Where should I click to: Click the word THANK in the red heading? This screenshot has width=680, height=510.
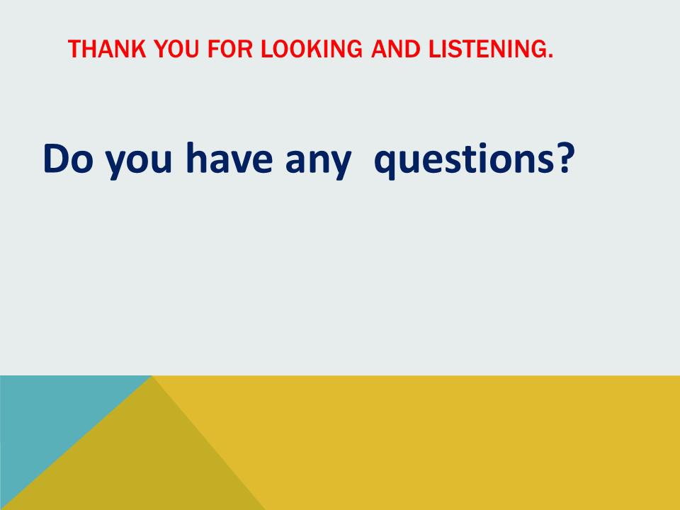pyautogui.click(x=107, y=49)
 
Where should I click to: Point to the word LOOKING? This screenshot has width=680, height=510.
pyautogui.click(x=312, y=49)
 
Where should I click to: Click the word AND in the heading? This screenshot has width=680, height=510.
pyautogui.click(x=395, y=49)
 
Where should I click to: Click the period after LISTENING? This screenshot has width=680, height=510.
pyautogui.click(x=551, y=56)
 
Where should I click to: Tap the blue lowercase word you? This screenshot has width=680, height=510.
pyautogui.click(x=139, y=162)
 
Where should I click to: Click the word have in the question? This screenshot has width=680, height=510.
pyautogui.click(x=229, y=157)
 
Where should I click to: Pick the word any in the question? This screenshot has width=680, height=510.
pyautogui.click(x=318, y=162)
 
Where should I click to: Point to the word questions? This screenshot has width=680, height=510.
pyautogui.click(x=464, y=161)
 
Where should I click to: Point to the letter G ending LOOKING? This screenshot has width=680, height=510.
pyautogui.click(x=353, y=49)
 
